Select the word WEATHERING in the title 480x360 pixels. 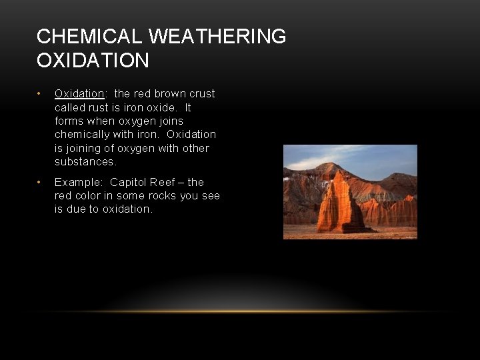pyautogui.click(x=221, y=37)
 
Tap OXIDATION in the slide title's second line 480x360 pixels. pyautogui.click(x=93, y=61)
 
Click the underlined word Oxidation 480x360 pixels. pyautogui.click(x=79, y=94)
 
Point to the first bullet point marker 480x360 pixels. pyautogui.click(x=41, y=94)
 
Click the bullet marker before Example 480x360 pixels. pyautogui.click(x=41, y=183)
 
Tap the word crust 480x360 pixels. pyautogui.click(x=201, y=94)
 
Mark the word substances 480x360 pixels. pyautogui.click(x=85, y=162)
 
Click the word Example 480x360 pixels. pyautogui.click(x=79, y=183)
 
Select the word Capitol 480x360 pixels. pyautogui.click(x=130, y=183)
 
